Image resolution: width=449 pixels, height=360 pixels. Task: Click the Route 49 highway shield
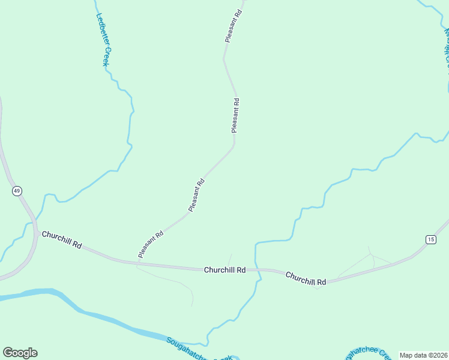pos(17,191)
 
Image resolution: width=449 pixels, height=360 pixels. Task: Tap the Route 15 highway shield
pos(430,239)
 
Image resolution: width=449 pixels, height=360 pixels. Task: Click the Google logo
pos(20,353)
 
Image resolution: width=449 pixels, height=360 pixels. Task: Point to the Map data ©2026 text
pos(423,355)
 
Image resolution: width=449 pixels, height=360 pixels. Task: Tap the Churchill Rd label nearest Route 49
pos(61,239)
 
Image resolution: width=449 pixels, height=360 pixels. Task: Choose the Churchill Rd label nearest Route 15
pos(306,278)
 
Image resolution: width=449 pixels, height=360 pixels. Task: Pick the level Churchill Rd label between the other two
pos(224,270)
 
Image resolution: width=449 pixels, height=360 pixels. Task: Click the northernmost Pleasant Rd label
pos(233,25)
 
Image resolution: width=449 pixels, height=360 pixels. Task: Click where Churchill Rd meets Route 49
pos(36,233)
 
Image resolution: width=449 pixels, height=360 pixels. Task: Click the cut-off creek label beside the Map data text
pos(369,353)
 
